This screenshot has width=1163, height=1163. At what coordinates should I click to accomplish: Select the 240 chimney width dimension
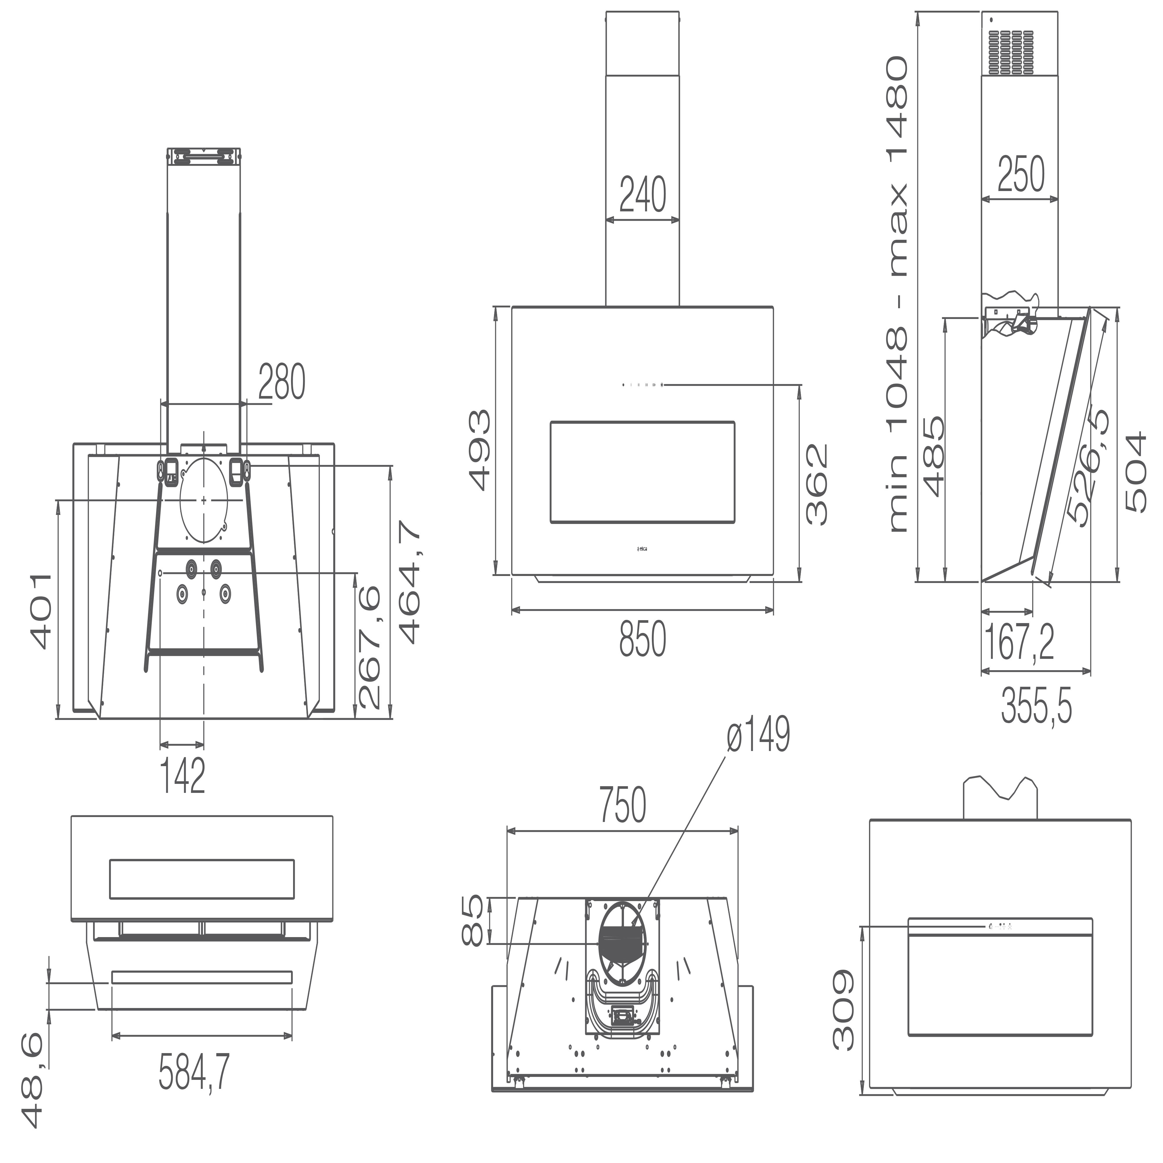(642, 195)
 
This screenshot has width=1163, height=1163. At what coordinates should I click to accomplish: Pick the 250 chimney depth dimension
(1021, 174)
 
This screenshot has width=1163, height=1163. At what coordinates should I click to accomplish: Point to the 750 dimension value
(623, 804)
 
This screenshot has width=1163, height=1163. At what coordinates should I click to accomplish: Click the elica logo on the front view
(642, 548)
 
